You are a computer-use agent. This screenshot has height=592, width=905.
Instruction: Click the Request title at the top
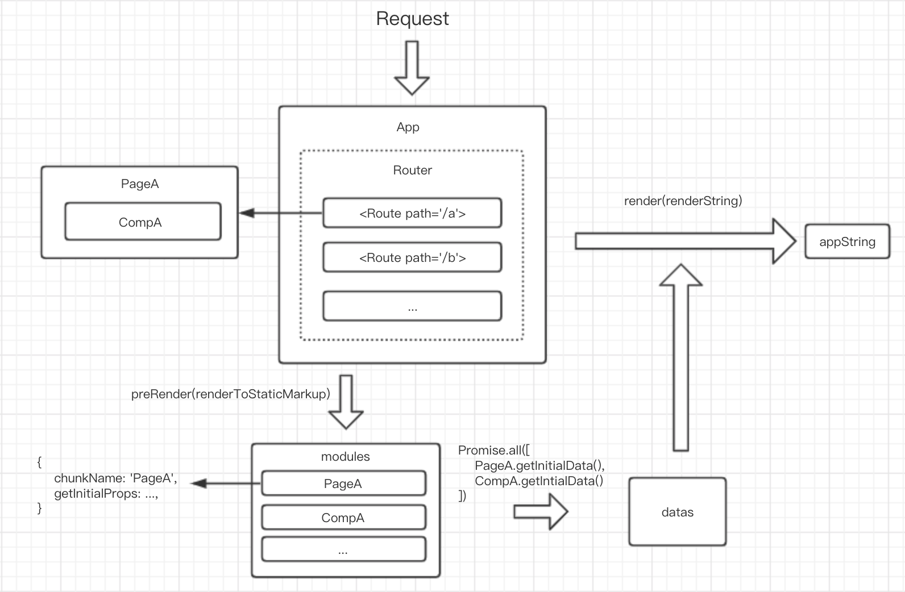tap(412, 19)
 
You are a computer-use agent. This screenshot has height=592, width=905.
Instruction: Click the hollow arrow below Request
tap(412, 68)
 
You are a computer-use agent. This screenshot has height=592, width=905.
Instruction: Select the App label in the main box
tap(408, 127)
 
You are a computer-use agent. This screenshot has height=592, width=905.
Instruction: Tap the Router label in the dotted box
tap(412, 170)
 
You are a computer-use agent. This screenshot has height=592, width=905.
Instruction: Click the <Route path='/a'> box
tap(412, 214)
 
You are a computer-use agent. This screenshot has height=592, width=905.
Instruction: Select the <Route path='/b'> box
tap(412, 258)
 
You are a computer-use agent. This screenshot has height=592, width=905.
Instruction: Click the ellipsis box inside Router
tap(412, 307)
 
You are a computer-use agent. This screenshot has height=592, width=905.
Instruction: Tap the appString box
tap(847, 242)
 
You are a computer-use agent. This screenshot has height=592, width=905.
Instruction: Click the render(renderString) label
tap(683, 201)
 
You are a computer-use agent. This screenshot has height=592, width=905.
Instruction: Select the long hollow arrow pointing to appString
tap(682, 241)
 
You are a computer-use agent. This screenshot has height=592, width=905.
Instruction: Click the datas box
tap(677, 512)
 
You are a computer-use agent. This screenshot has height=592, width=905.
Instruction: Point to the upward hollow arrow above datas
tap(680, 358)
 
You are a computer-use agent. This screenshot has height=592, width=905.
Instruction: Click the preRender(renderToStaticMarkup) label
tap(230, 394)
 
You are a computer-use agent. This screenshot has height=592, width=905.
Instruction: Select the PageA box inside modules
tap(343, 483)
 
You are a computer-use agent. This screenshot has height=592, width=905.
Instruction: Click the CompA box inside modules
tap(343, 518)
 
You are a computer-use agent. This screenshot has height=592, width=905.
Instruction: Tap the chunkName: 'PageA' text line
tap(115, 478)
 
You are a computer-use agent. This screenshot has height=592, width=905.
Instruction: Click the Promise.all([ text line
tap(494, 451)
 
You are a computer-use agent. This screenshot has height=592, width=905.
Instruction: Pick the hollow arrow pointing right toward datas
tap(541, 512)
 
